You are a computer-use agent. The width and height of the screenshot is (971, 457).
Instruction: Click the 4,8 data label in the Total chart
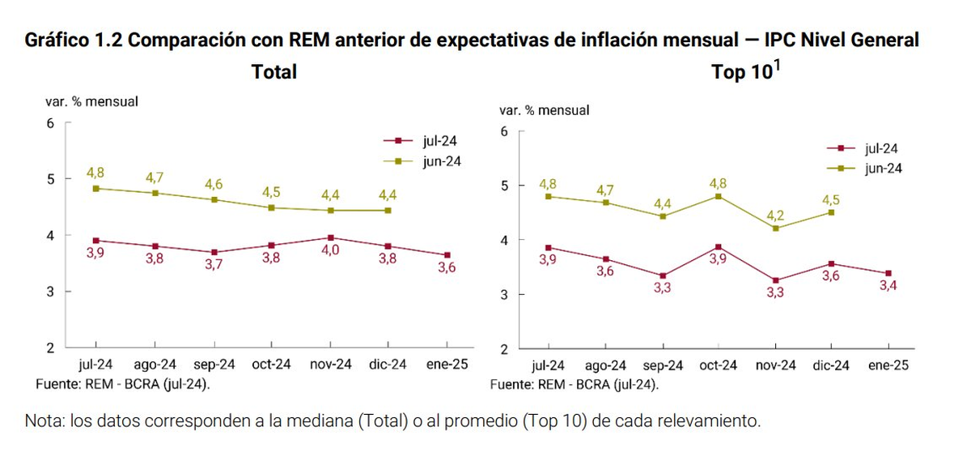tap(95, 173)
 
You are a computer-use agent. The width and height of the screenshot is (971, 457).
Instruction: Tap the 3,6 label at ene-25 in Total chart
tap(447, 268)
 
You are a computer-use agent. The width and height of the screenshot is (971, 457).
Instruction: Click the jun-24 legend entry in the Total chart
tap(441, 161)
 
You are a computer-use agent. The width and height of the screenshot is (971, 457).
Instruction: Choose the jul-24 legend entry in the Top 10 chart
tap(881, 148)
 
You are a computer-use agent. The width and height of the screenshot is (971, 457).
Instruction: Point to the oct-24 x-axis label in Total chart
tap(271, 365)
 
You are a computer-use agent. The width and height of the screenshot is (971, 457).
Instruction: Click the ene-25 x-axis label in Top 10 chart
tap(888, 365)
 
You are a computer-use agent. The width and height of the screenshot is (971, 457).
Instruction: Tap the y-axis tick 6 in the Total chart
tap(50, 123)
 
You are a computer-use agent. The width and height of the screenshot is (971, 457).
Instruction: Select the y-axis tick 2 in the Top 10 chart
tap(505, 349)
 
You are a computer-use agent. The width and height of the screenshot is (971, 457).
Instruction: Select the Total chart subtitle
tap(273, 72)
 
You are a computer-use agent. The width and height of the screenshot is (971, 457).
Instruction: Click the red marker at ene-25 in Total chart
tap(447, 255)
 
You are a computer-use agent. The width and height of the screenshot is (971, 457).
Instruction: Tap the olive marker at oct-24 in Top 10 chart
tap(718, 196)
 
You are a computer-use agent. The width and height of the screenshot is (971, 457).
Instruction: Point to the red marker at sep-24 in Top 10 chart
tap(663, 275)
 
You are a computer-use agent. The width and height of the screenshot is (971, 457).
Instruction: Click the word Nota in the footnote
tap(45, 422)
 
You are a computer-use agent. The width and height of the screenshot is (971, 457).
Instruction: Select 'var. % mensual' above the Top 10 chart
tap(544, 110)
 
